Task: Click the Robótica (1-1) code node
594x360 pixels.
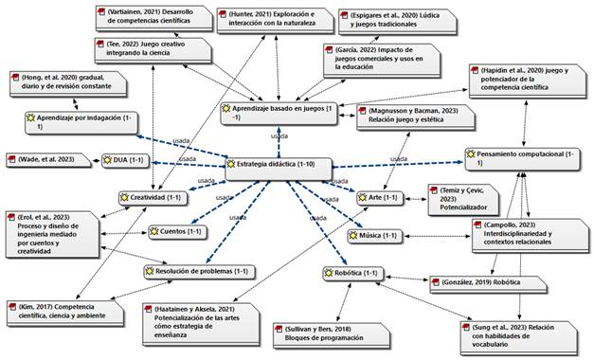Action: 352,274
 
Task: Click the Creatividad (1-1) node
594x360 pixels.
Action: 152,198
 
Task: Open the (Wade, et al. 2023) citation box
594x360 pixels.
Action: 51,160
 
